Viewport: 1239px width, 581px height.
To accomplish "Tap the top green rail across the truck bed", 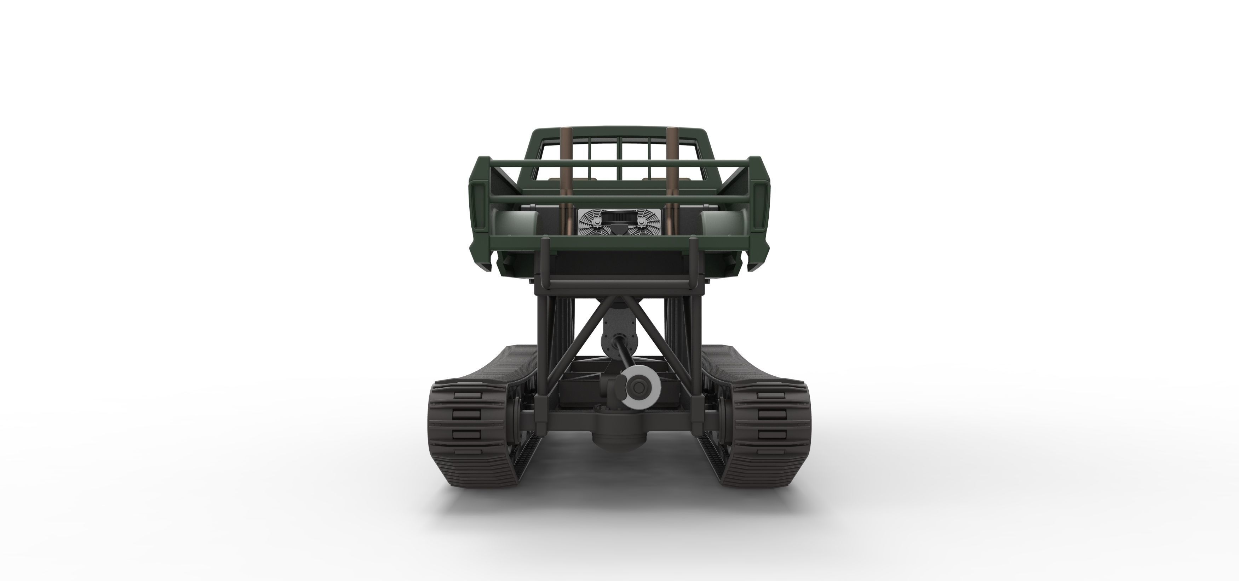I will click(x=619, y=162).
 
